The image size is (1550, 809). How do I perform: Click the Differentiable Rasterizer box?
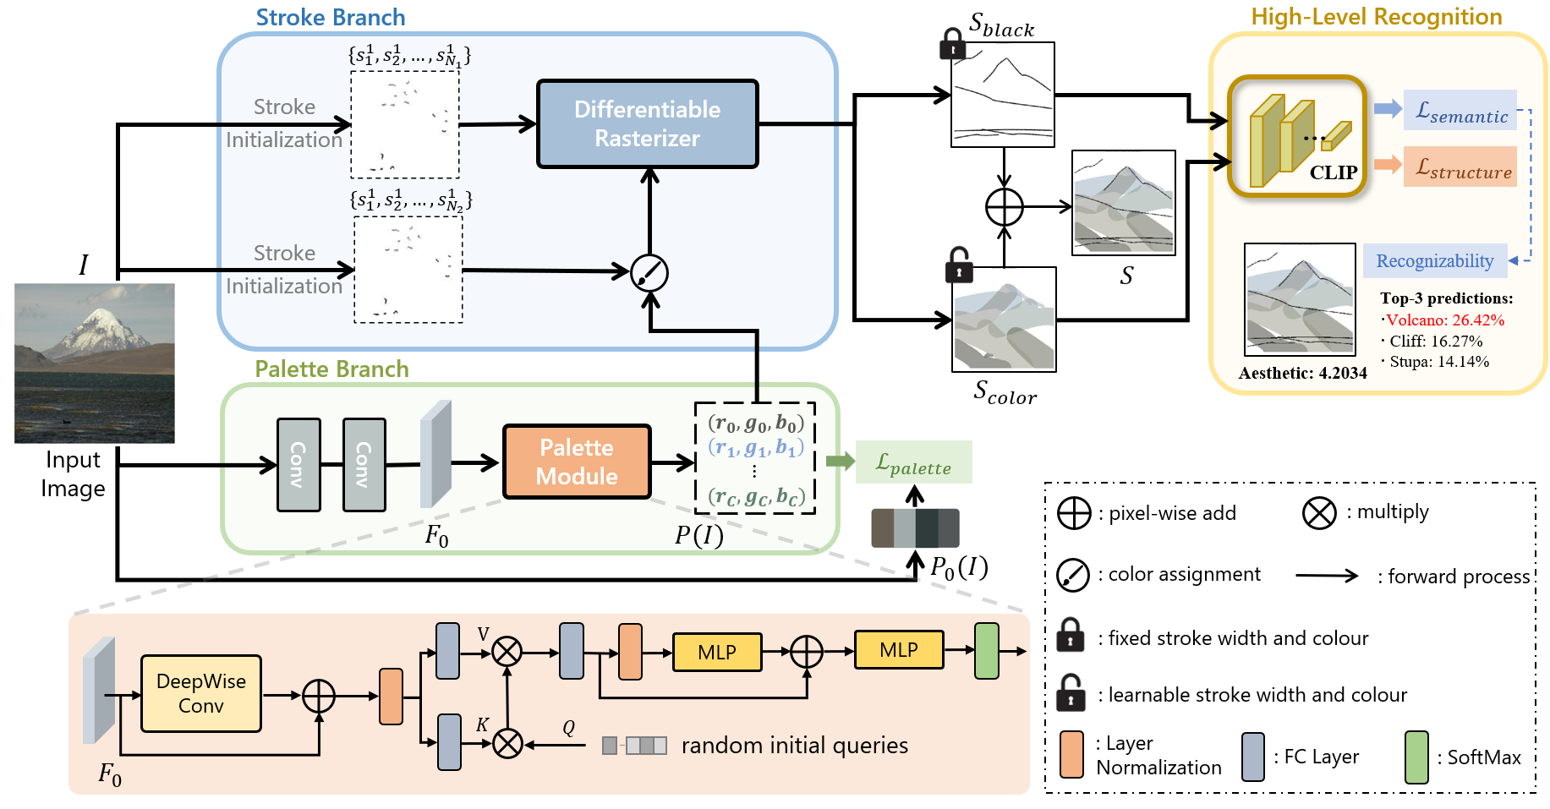pyautogui.click(x=647, y=123)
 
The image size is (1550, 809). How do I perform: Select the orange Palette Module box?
pyautogui.click(x=577, y=462)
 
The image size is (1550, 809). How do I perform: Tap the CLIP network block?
pyautogui.click(x=1297, y=136)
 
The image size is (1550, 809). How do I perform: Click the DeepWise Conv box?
pyautogui.click(x=201, y=693)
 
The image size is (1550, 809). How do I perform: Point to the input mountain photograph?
pyautogui.click(x=95, y=363)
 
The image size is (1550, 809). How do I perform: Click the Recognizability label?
pyautogui.click(x=1434, y=260)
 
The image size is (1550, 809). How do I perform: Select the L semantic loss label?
pyautogui.click(x=1460, y=111)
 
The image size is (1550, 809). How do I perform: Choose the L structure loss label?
pyautogui.click(x=1460, y=167)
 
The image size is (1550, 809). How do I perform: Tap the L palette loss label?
pyautogui.click(x=913, y=462)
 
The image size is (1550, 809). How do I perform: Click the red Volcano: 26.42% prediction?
pyautogui.click(x=1445, y=320)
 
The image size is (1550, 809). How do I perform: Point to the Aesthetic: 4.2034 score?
pyautogui.click(x=1302, y=373)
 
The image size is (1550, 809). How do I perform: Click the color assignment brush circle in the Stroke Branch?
pyautogui.click(x=649, y=272)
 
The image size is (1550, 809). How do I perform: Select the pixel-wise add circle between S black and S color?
pyautogui.click(x=1004, y=207)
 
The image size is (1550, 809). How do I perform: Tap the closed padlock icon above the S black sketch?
pyautogui.click(x=953, y=43)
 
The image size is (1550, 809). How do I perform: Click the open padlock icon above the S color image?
pyautogui.click(x=958, y=265)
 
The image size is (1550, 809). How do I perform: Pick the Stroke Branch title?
pyautogui.click(x=330, y=18)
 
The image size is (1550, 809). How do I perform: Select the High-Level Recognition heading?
pyautogui.click(x=1376, y=17)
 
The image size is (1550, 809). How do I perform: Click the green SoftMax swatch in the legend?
pyautogui.click(x=1416, y=757)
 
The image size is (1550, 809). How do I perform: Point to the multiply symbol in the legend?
pyautogui.click(x=1318, y=512)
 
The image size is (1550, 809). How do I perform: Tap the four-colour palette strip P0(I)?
pyautogui.click(x=915, y=528)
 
